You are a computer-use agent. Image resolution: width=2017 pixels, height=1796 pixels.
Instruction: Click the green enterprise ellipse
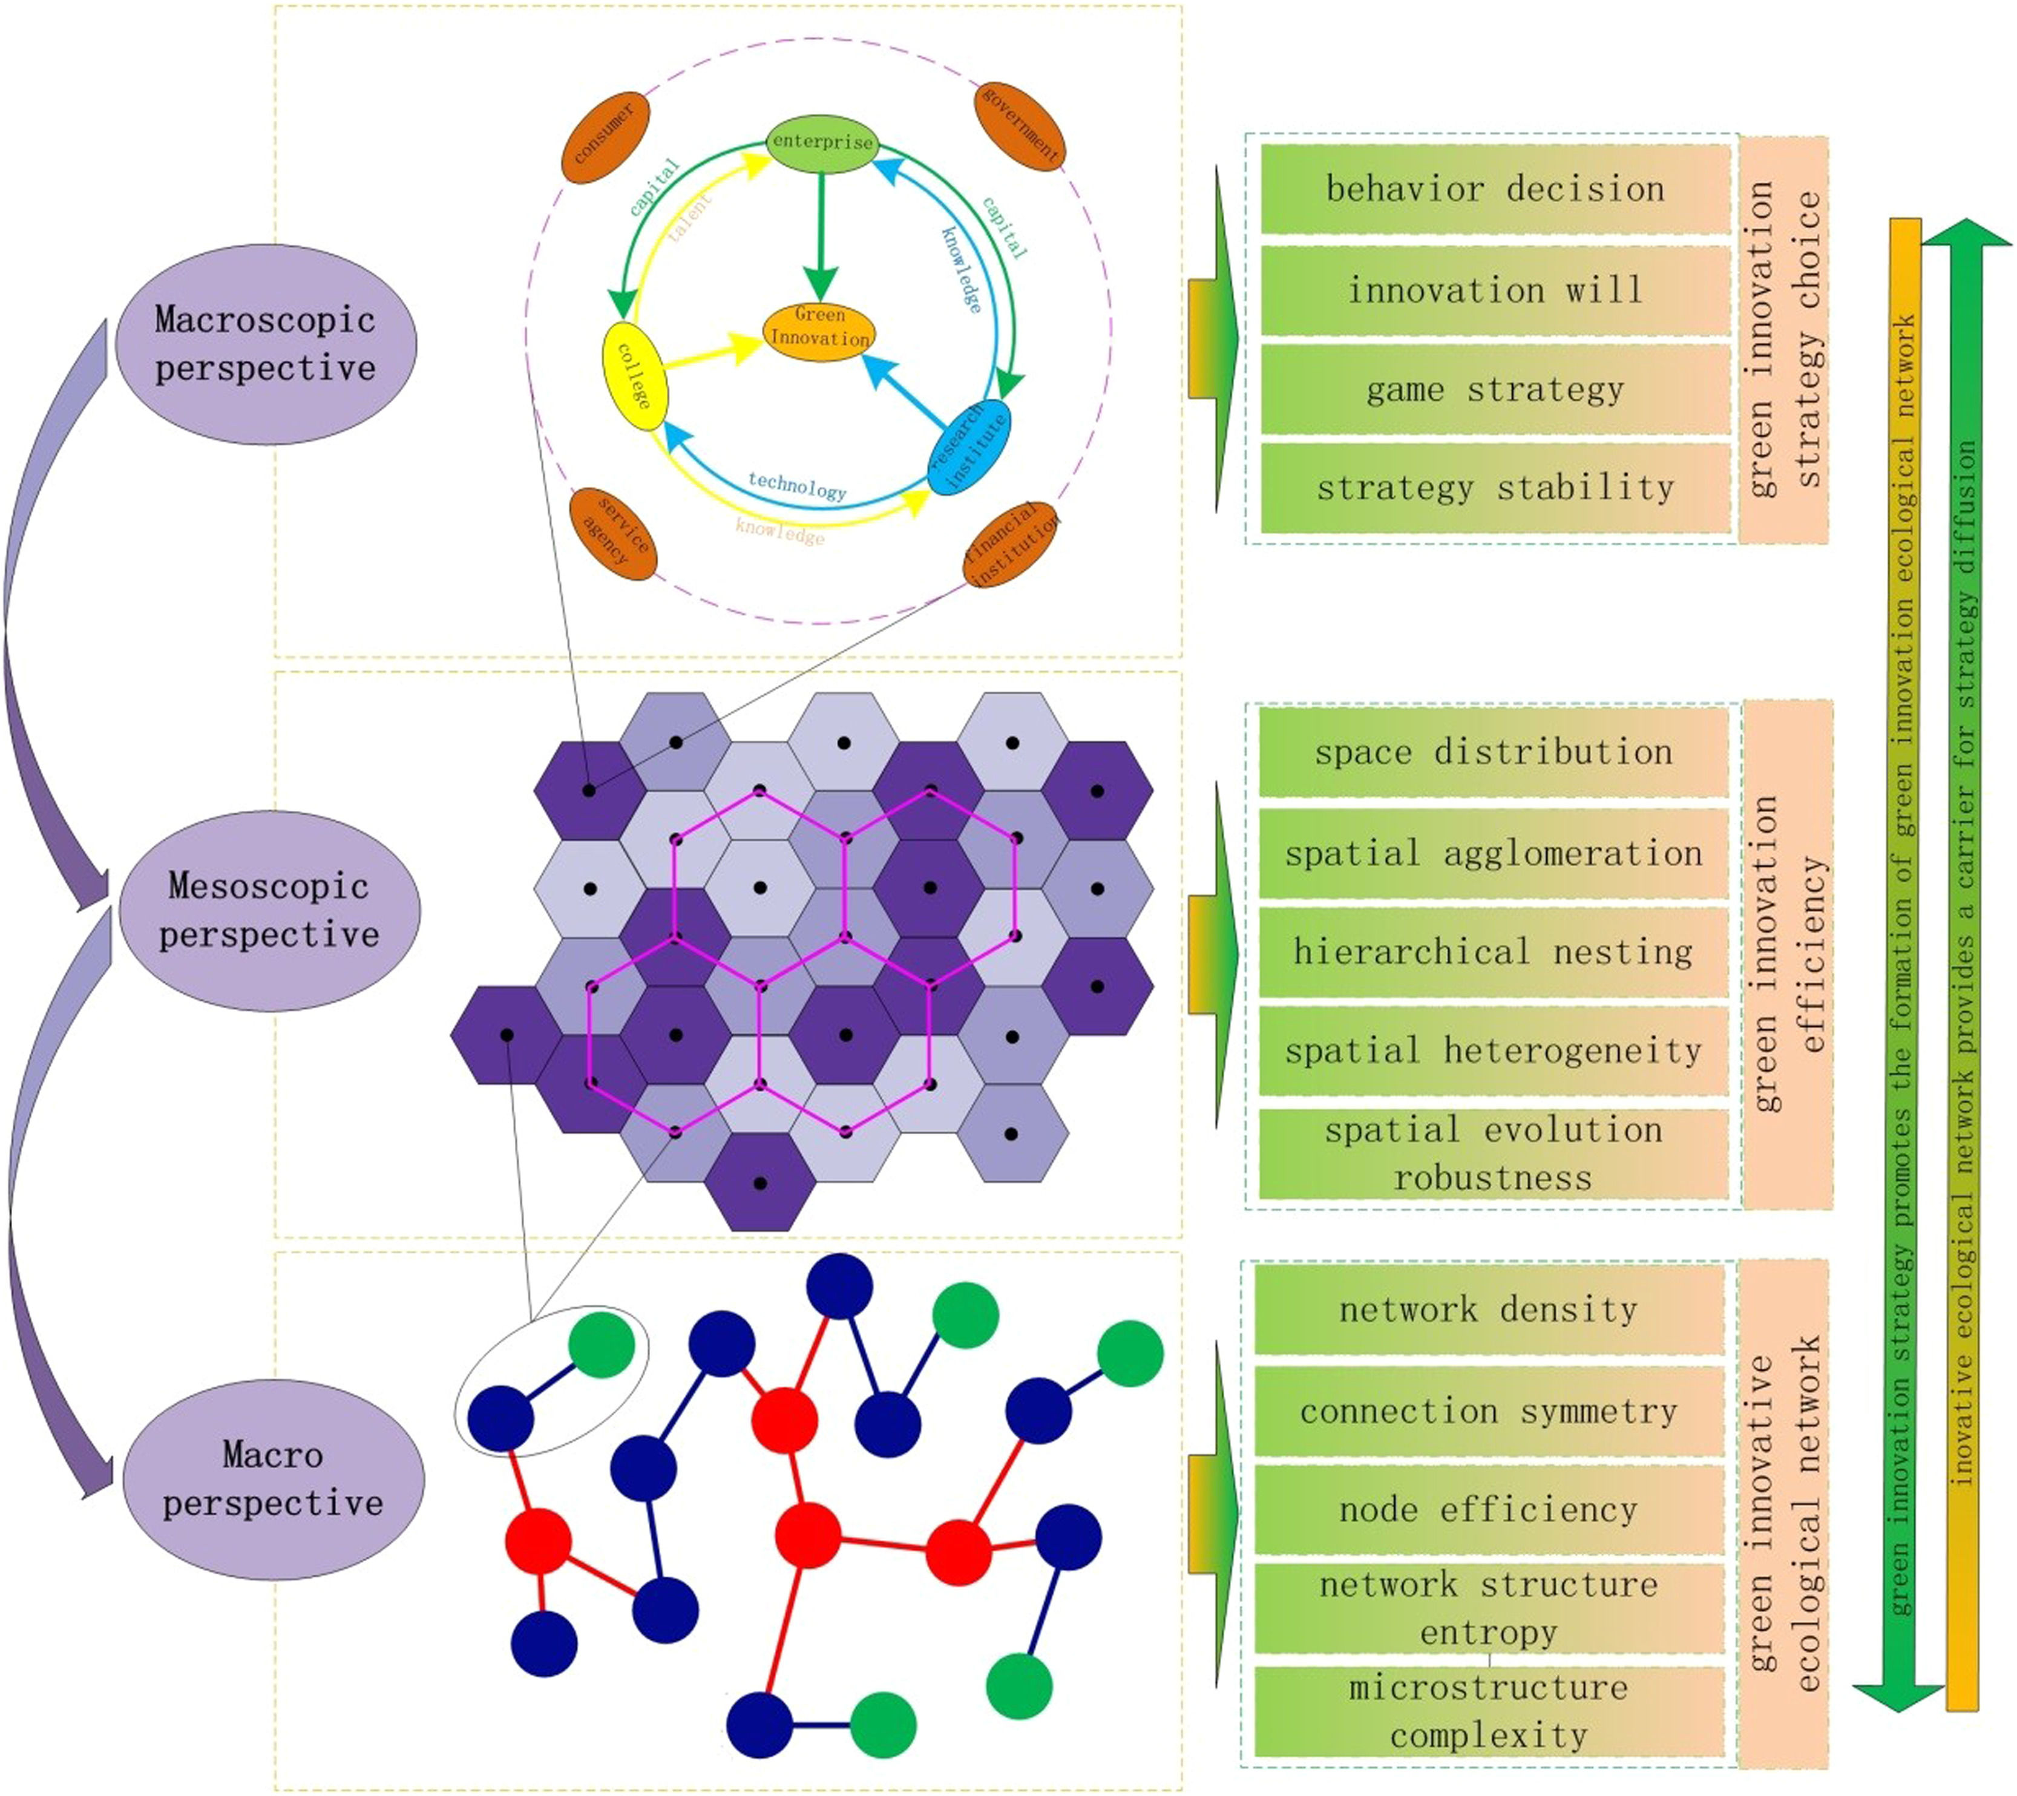pos(822,143)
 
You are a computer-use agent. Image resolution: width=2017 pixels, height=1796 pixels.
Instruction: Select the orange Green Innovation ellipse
pos(819,329)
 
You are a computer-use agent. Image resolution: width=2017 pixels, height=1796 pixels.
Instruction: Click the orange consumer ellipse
pos(606,138)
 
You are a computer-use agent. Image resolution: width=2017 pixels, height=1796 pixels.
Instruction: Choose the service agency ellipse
pos(614,534)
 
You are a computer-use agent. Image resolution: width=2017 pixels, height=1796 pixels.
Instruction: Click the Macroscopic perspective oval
pos(266,344)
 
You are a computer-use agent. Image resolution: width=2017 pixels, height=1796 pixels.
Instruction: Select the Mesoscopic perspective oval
pos(269,910)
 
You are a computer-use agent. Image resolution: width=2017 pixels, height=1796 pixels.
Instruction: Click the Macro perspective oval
pos(274,1478)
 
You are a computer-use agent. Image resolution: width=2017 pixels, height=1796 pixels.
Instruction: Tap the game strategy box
pos(1495,390)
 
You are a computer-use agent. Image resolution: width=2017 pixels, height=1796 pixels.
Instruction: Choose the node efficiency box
pos(1489,1510)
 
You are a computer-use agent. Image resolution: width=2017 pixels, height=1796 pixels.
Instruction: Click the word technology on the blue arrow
pos(796,485)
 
